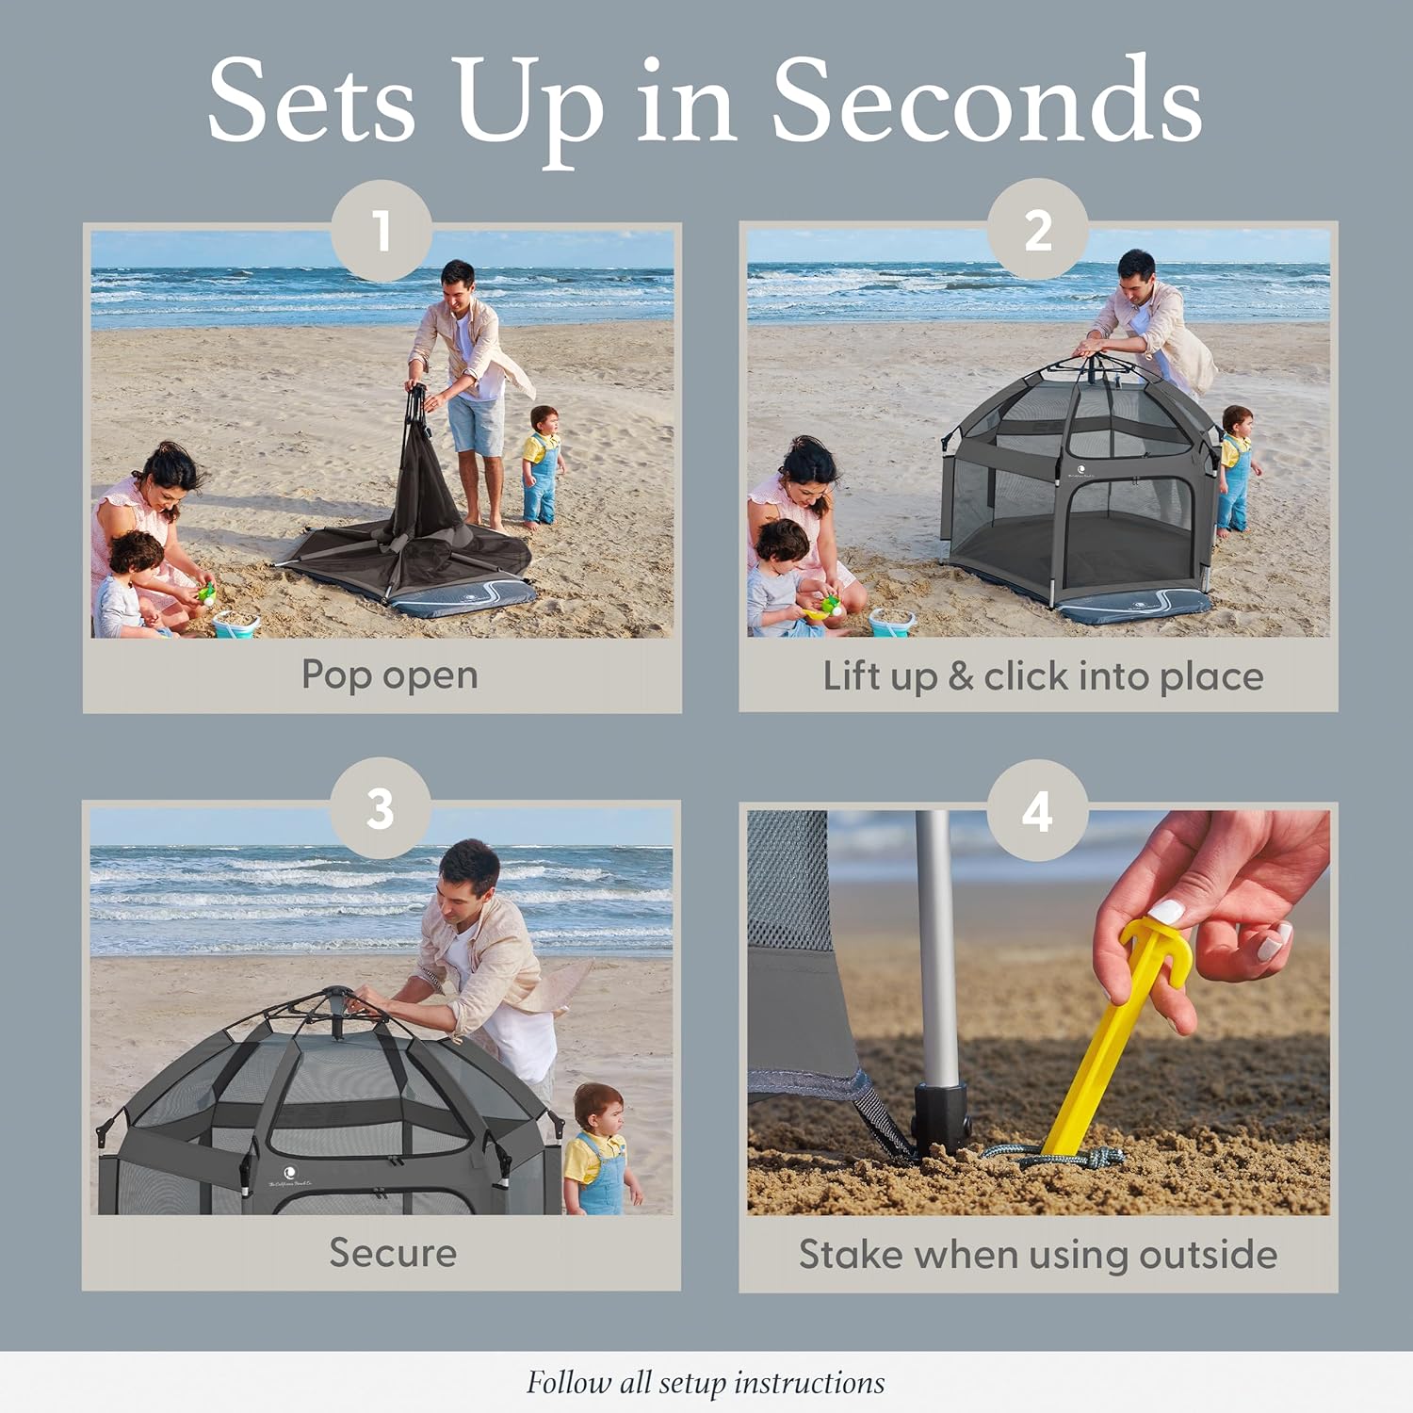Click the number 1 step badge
382,230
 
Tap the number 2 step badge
1038,229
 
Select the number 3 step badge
381,808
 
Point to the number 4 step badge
1038,810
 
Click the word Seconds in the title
986,101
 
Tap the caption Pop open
390,674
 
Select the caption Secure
393,1253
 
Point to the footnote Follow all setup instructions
706,1383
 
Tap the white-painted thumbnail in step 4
1167,911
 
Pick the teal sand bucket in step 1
235,624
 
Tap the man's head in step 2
1136,275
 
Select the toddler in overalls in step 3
600,1149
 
